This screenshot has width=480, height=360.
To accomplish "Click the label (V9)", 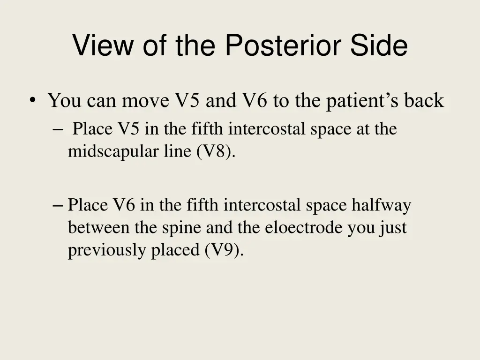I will (x=224, y=250).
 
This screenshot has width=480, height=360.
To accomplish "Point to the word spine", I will (x=182, y=228).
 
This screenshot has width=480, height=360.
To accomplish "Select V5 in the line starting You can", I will (x=187, y=101).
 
